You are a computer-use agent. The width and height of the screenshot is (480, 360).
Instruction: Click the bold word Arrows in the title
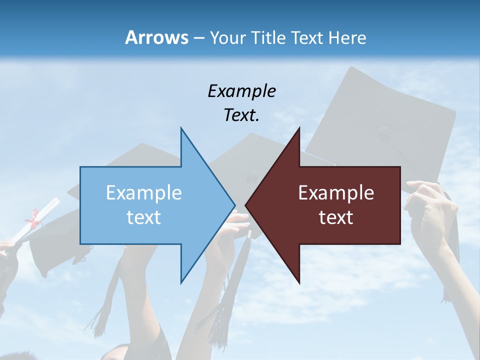click(x=156, y=37)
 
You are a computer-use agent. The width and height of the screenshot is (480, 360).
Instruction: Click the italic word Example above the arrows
click(x=241, y=91)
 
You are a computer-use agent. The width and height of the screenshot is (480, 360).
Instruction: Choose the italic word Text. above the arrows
click(x=241, y=115)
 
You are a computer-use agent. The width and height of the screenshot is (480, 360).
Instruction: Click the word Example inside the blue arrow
click(x=143, y=192)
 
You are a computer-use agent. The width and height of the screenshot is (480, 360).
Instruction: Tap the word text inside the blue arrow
click(x=143, y=217)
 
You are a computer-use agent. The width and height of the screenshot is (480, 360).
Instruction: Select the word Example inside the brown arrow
click(x=336, y=192)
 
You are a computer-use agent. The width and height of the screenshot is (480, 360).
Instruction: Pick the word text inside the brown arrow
click(x=336, y=217)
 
